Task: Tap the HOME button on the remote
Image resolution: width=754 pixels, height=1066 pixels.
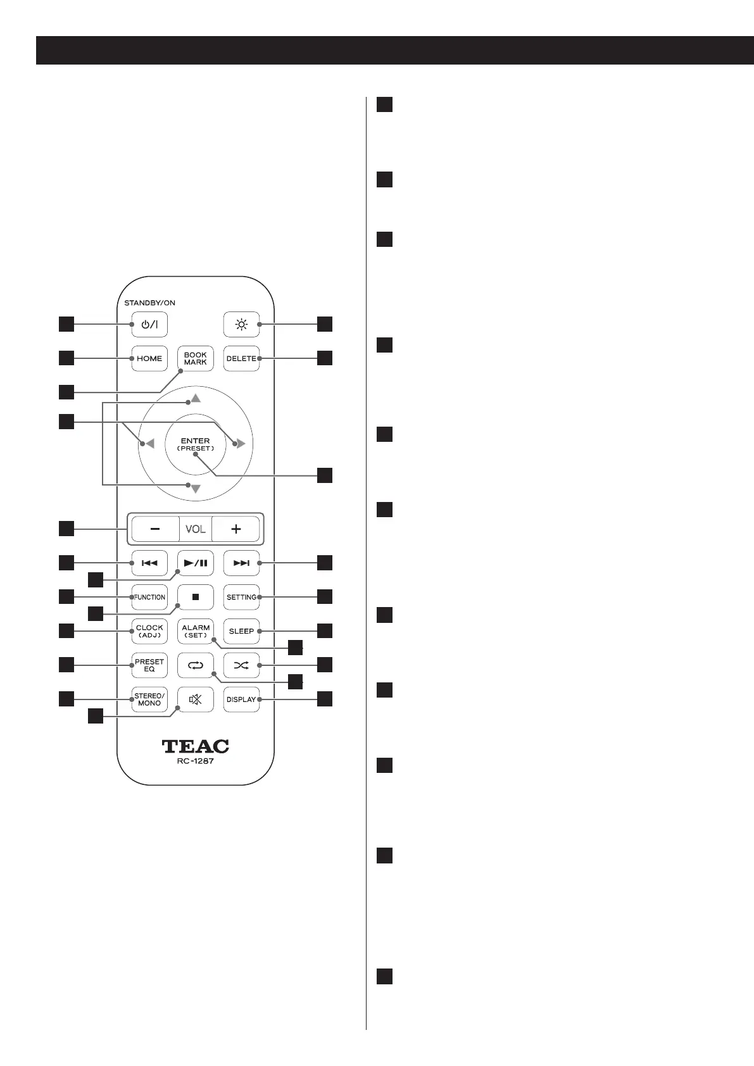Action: pyautogui.click(x=149, y=358)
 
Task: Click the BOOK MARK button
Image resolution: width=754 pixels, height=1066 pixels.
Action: pyautogui.click(x=196, y=358)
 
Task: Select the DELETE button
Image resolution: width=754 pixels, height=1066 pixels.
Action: pyautogui.click(x=241, y=358)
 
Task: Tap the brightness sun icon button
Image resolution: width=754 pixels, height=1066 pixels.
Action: pyautogui.click(x=241, y=325)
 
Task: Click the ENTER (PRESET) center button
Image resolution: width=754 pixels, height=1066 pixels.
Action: pyautogui.click(x=195, y=444)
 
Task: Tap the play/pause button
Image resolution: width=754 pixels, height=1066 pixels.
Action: pyautogui.click(x=196, y=563)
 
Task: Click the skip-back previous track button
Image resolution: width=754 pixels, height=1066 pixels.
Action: pyautogui.click(x=149, y=563)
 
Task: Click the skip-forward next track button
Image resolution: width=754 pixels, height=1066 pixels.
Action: pyautogui.click(x=241, y=563)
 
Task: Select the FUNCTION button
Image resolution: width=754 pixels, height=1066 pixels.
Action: pyautogui.click(x=149, y=597)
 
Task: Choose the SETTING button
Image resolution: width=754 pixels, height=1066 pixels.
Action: pyautogui.click(x=241, y=597)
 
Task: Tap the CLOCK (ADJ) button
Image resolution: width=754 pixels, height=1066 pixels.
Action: pyautogui.click(x=149, y=631)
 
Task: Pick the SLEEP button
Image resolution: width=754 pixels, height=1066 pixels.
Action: pyautogui.click(x=241, y=631)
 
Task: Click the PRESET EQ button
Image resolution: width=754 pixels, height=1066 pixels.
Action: pyautogui.click(x=149, y=665)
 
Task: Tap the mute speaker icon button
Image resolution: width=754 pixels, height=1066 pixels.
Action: pyautogui.click(x=196, y=699)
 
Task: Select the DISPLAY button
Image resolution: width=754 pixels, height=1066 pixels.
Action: pyautogui.click(x=241, y=699)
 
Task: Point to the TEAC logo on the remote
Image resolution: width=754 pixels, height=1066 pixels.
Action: pyautogui.click(x=196, y=746)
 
